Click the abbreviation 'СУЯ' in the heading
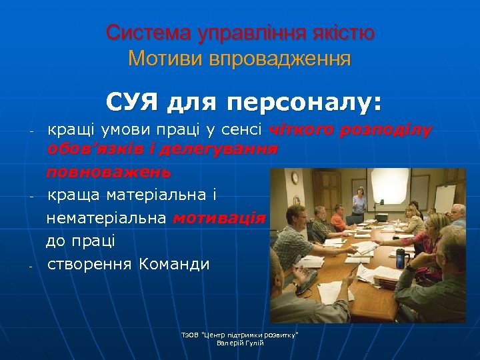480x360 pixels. (x=133, y=103)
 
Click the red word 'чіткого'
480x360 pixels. (x=302, y=129)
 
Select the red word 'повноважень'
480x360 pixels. (x=108, y=173)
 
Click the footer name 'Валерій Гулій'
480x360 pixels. (x=241, y=343)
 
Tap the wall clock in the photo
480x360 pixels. (x=295, y=177)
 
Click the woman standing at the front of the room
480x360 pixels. (x=359, y=200)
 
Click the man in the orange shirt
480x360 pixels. (x=338, y=217)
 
